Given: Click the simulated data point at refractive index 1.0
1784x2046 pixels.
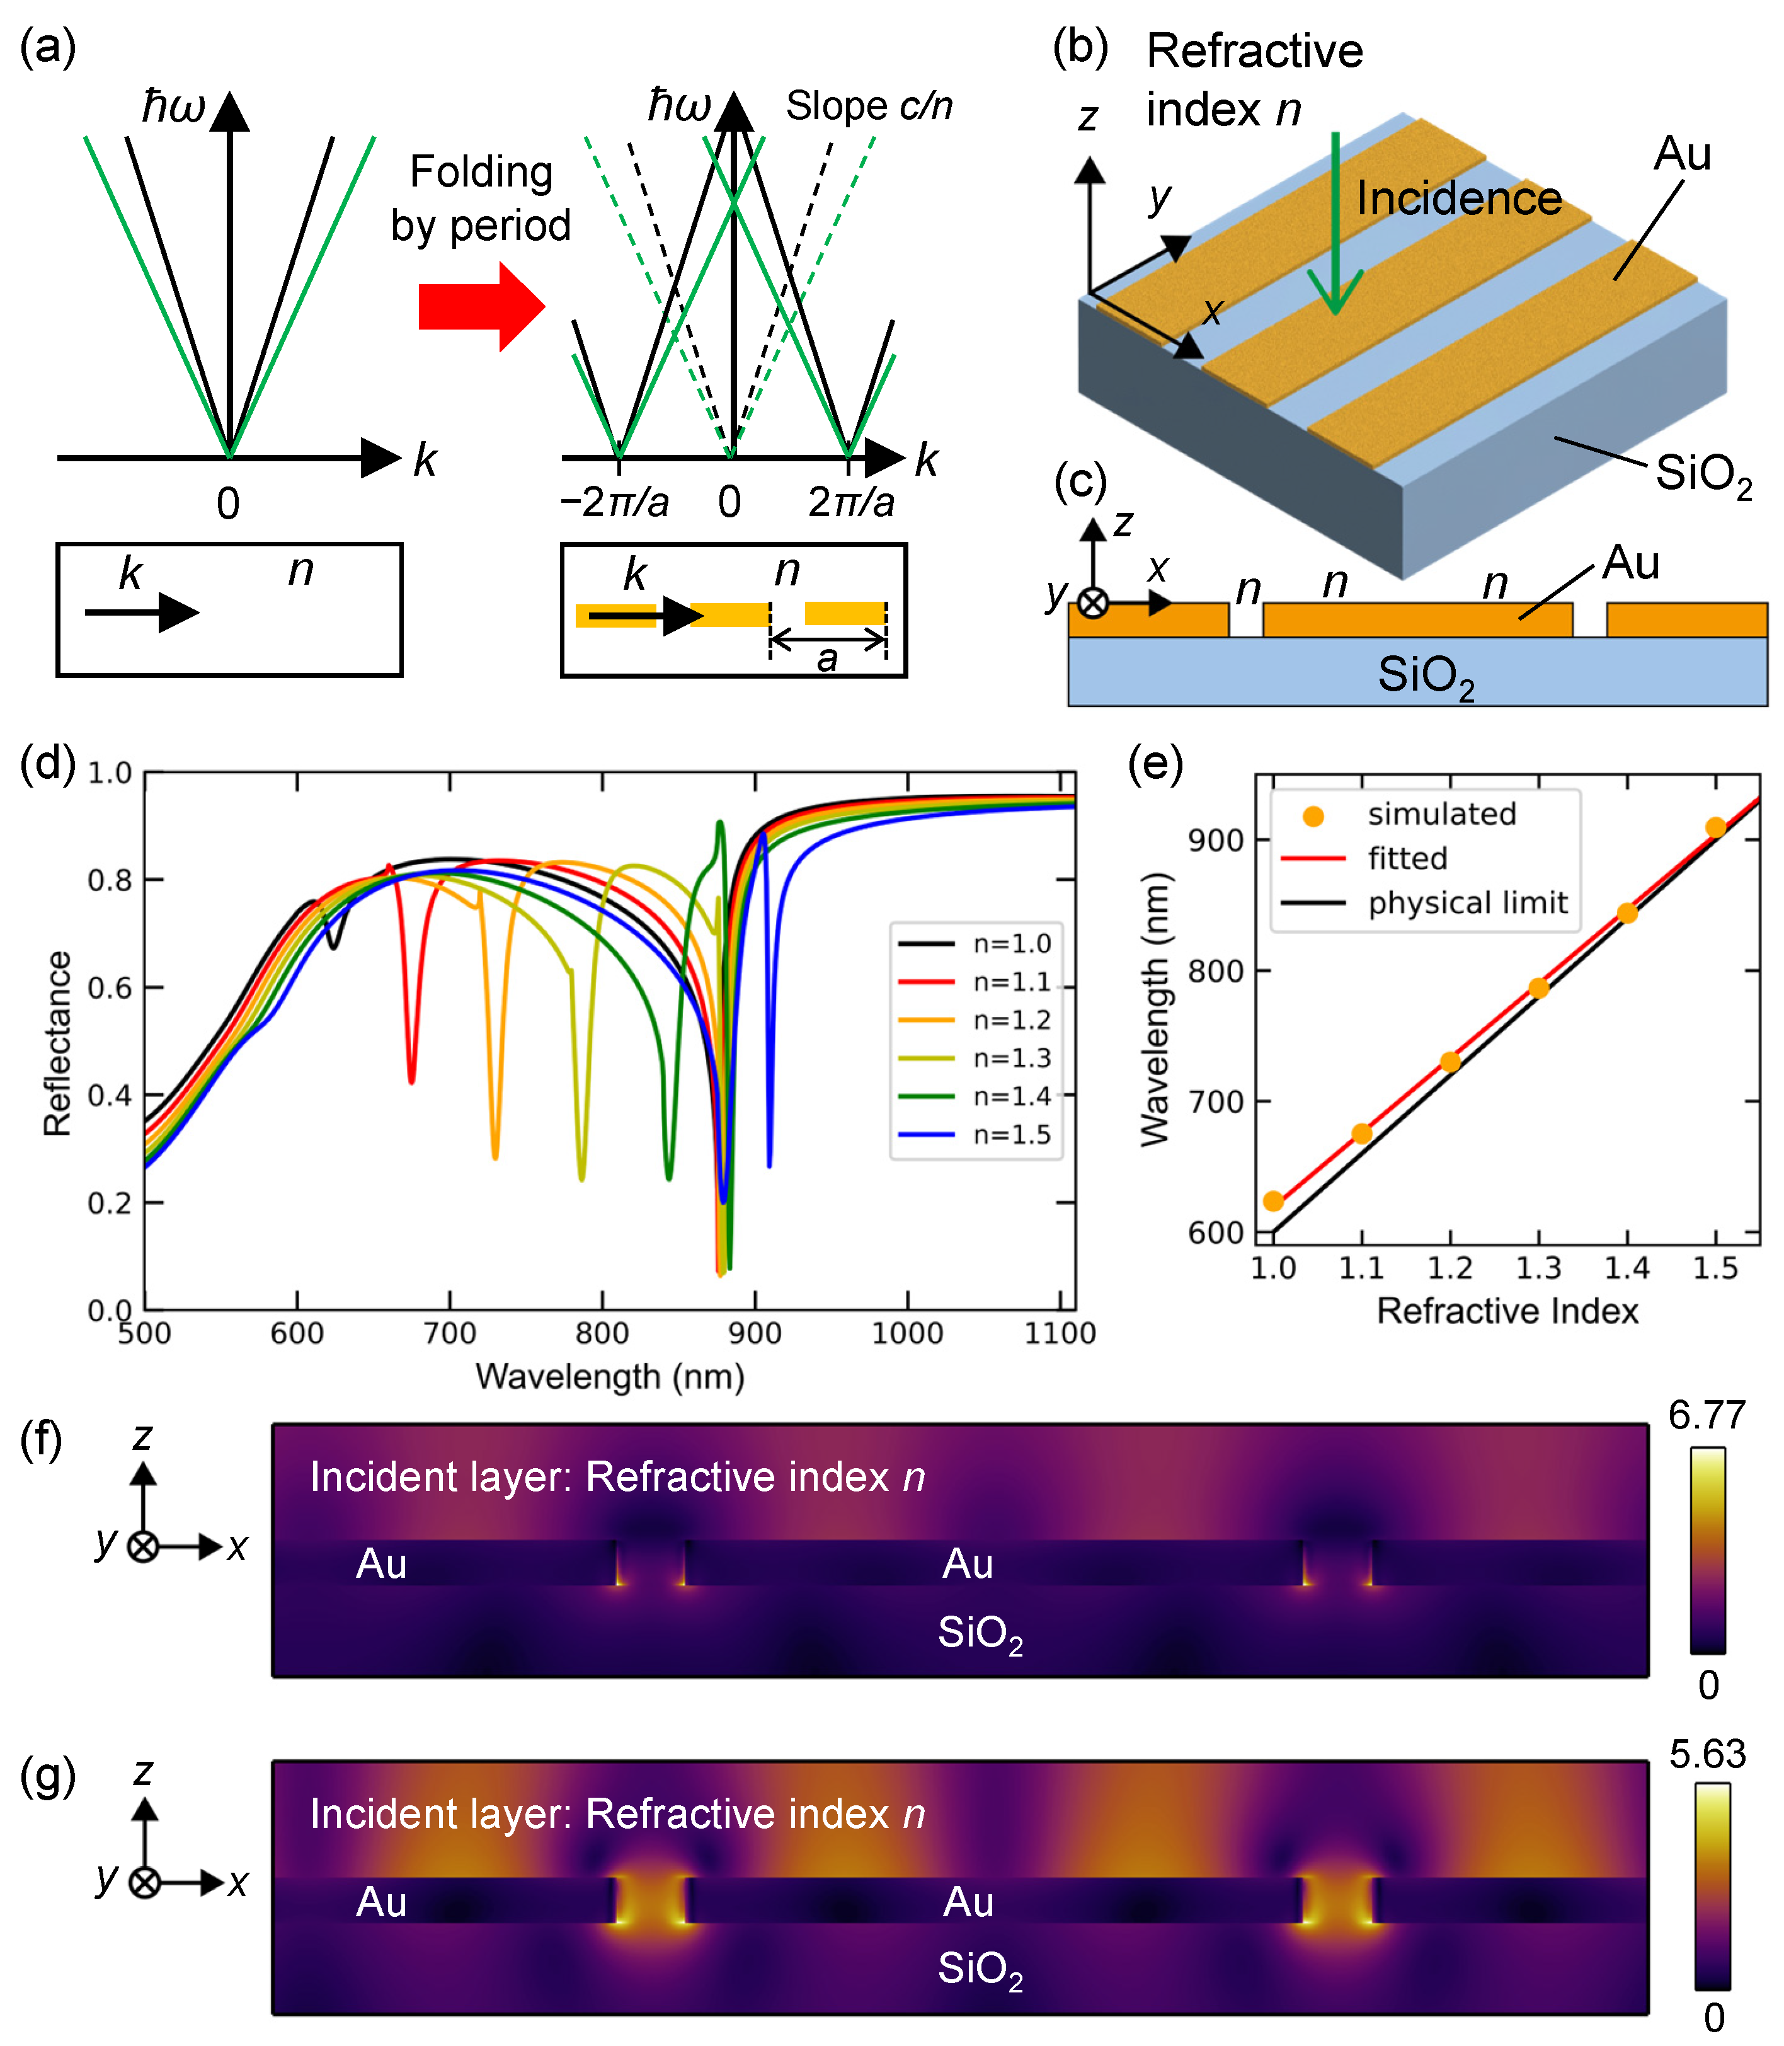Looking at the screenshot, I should tap(1273, 1201).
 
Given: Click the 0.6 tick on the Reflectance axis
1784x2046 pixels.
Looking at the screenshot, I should tap(110, 987).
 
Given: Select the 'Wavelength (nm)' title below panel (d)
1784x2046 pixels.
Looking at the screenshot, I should tap(609, 1376).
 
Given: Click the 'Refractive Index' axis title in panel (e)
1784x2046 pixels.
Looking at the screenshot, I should tap(1506, 1310).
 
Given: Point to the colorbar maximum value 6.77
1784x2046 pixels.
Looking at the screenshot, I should tap(1707, 1415).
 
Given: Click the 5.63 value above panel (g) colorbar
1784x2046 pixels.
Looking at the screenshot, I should tap(1707, 1753).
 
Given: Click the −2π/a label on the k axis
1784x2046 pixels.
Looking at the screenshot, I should tap(614, 502).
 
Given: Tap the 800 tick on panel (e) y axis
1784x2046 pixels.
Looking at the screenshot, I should tap(1216, 971).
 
